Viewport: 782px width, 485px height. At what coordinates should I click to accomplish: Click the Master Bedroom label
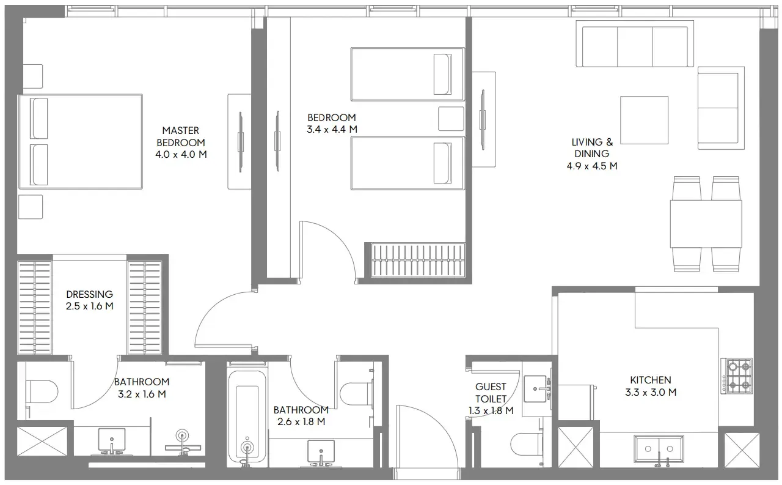(181, 136)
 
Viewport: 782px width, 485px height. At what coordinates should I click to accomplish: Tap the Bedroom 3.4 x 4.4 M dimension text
(332, 129)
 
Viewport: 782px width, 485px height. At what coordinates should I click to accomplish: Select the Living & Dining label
(592, 148)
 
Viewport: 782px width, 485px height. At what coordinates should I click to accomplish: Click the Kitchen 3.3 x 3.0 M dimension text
(651, 392)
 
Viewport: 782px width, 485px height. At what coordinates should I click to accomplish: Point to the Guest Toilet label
(491, 393)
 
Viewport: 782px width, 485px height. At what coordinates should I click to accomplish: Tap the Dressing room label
(89, 294)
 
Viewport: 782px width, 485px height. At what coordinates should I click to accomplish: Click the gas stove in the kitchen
(737, 376)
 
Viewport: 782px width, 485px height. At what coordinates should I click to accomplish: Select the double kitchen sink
(659, 449)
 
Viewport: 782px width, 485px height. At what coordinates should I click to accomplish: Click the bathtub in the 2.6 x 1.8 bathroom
(247, 417)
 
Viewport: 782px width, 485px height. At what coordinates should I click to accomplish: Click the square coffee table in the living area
(644, 120)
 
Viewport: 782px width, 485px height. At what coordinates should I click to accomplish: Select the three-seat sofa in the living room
(634, 43)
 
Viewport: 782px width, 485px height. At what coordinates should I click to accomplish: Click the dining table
(706, 224)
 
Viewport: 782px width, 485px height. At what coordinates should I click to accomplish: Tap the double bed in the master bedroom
(81, 141)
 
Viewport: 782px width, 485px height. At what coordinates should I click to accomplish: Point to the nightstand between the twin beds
(451, 119)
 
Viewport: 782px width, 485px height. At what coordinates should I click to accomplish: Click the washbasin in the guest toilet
(535, 389)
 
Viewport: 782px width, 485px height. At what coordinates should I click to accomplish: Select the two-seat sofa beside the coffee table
(722, 108)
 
